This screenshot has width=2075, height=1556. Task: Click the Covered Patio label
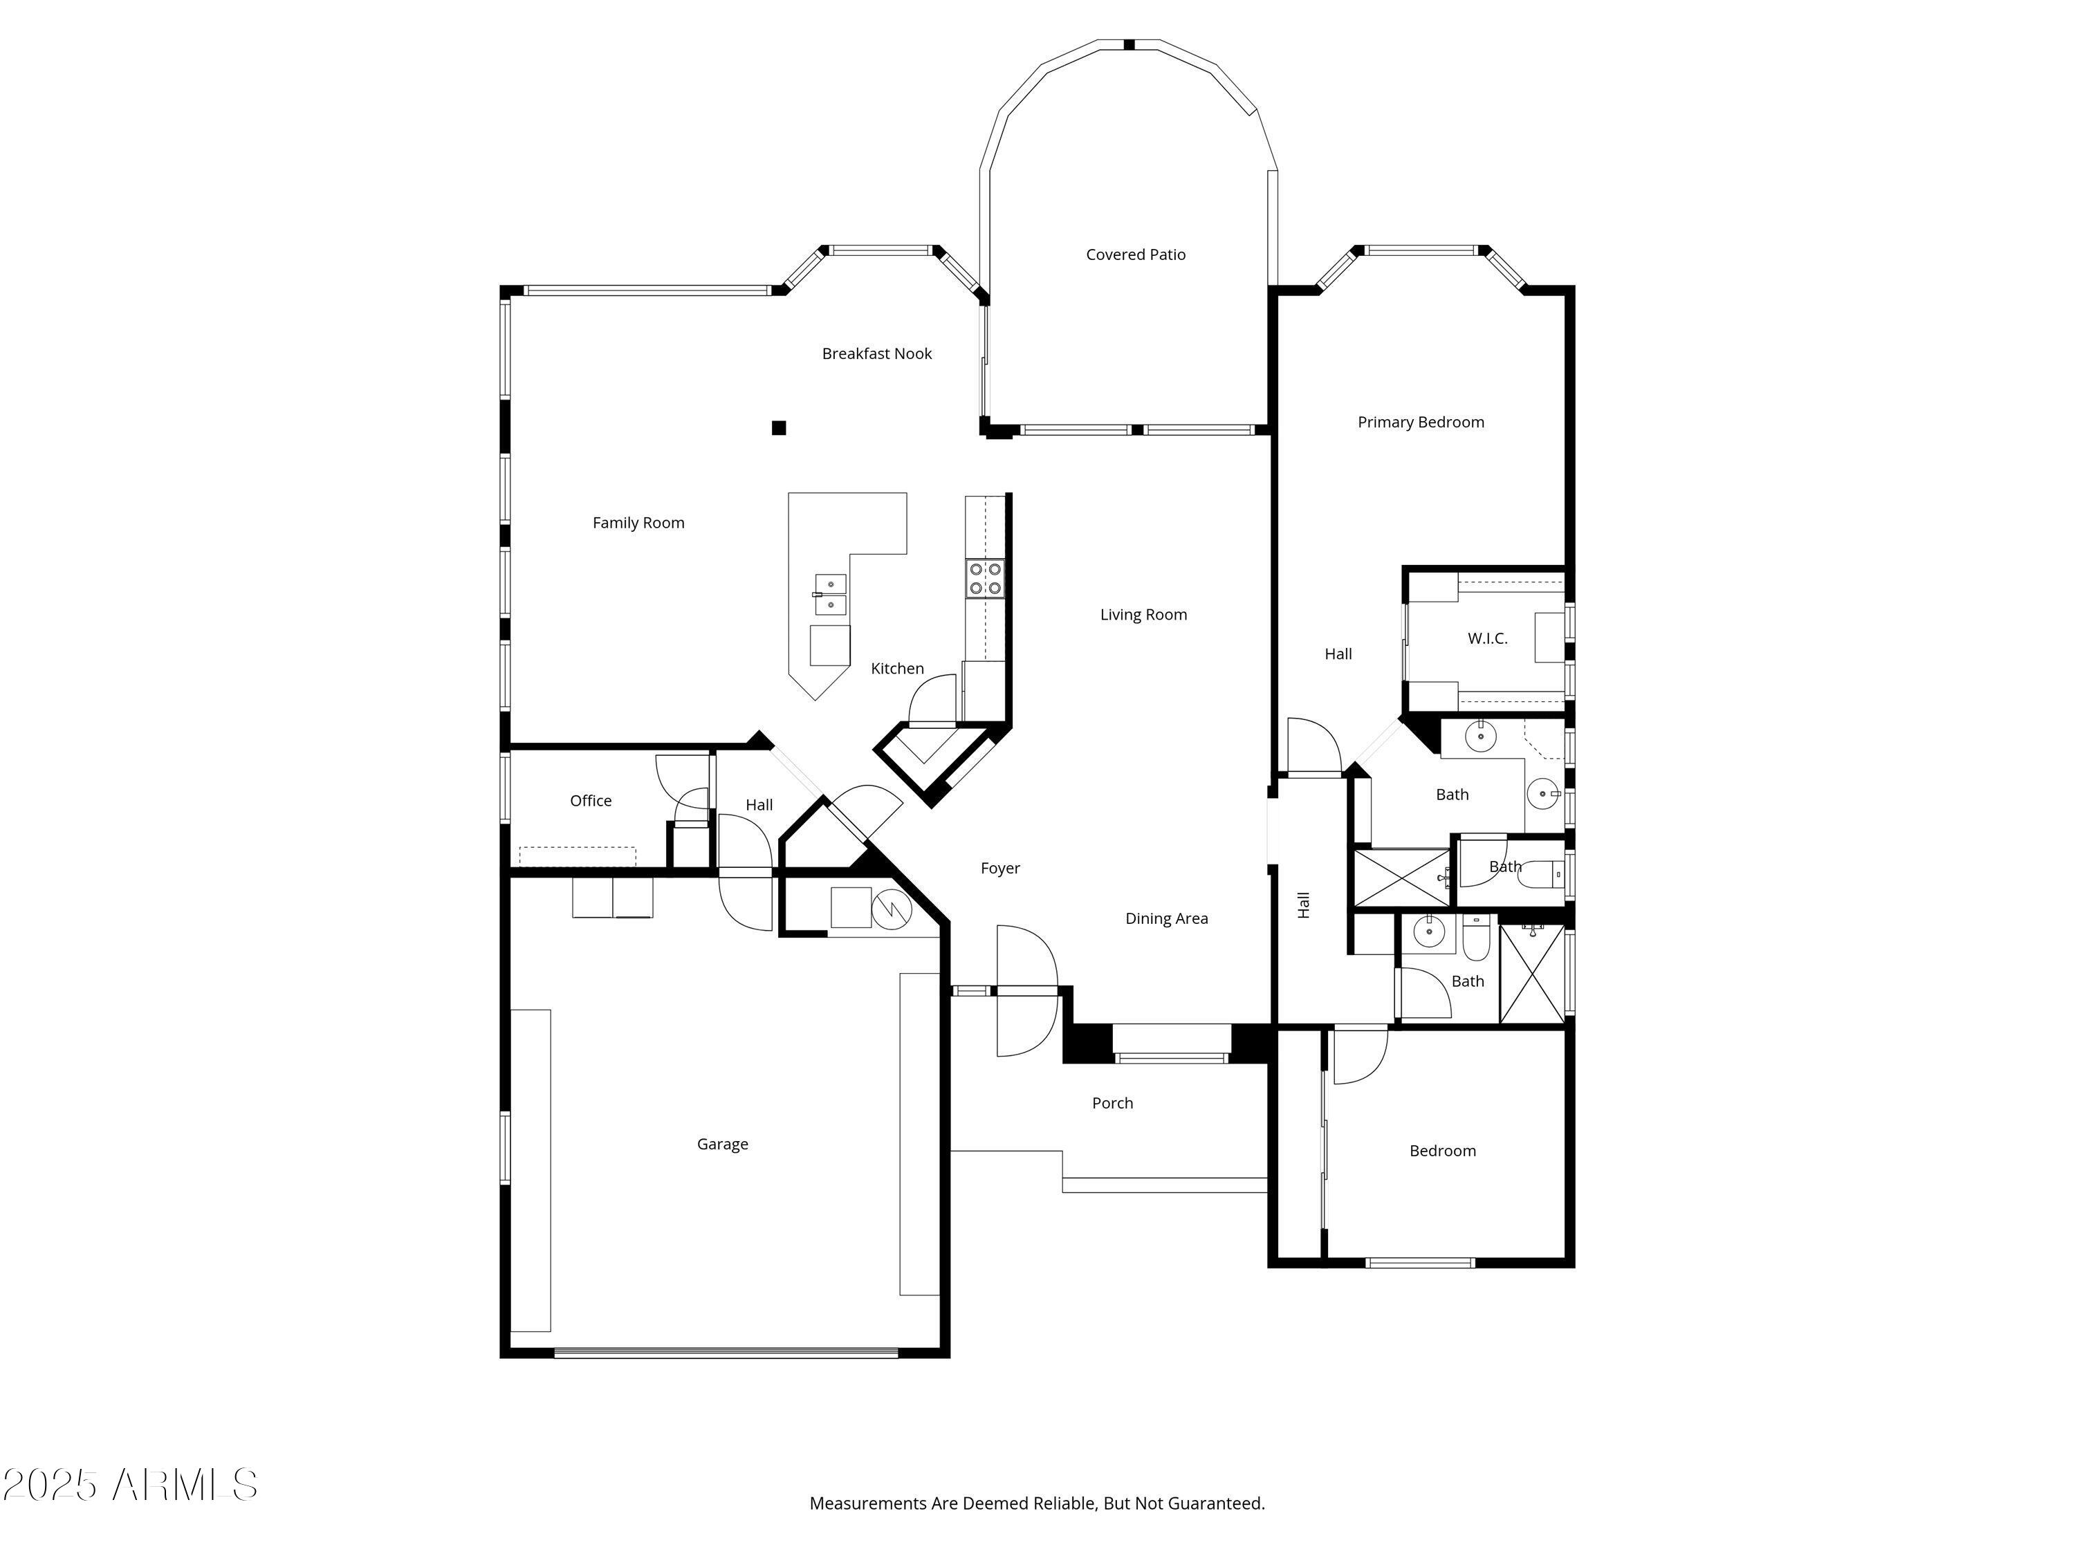coord(1135,254)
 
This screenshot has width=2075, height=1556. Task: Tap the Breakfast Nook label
coord(876,353)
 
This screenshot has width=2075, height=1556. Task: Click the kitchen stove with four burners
coord(985,577)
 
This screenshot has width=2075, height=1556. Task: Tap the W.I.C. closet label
coord(1487,638)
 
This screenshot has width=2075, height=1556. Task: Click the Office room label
coord(590,800)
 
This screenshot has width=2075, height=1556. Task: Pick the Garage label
coord(722,1143)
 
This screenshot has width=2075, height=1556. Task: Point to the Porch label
coord(1112,1103)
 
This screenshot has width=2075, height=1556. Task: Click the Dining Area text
coord(1166,918)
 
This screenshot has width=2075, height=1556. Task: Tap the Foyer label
coord(1000,868)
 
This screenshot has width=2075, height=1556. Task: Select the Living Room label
coord(1143,614)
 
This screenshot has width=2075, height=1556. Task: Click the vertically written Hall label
coord(1303,905)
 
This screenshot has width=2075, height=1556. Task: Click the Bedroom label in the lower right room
coord(1442,1151)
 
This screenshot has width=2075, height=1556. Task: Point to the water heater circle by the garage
coord(891,908)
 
